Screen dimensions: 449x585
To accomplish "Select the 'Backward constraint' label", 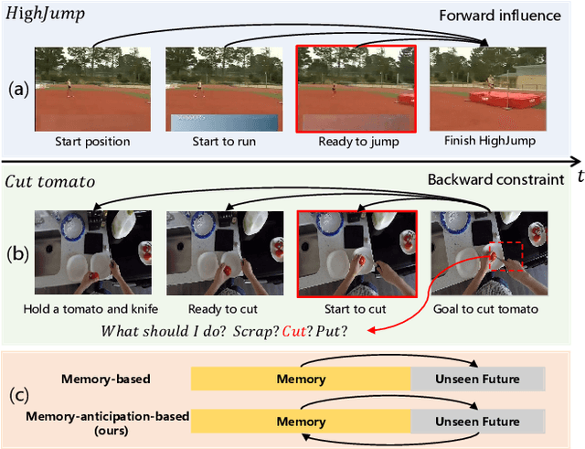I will click(495, 178).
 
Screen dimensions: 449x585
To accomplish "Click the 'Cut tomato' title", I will click(50, 182).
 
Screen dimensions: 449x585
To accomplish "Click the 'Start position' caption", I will click(92, 142).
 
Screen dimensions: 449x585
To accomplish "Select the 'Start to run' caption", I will click(223, 142).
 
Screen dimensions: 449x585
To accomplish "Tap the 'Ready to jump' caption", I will click(355, 142).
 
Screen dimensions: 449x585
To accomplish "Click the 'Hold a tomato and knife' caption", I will click(91, 309).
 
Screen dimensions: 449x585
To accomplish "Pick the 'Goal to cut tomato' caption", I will click(489, 309).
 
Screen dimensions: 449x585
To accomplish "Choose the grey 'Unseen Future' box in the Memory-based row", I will click(477, 379).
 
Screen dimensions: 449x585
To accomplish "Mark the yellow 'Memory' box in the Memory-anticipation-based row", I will click(300, 422).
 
